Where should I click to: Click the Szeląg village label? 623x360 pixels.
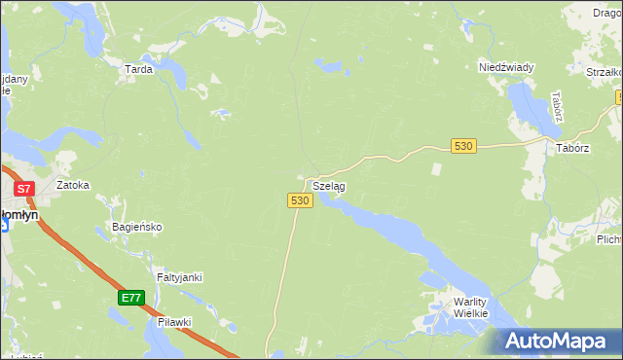tap(329, 185)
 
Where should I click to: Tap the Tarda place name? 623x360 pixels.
tap(139, 69)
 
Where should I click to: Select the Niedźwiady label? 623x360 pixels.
tap(506, 67)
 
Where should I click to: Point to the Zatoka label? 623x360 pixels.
tap(73, 184)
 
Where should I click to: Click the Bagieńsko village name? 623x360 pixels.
tap(137, 227)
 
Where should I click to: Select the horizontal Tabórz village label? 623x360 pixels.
tap(573, 147)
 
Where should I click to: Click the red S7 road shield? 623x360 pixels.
tap(24, 188)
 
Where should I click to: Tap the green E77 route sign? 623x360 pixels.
tap(132, 298)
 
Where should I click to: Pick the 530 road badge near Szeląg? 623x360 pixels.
tap(300, 199)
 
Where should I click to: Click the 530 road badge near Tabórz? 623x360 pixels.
tap(463, 145)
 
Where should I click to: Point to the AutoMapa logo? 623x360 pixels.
tap(561, 341)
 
